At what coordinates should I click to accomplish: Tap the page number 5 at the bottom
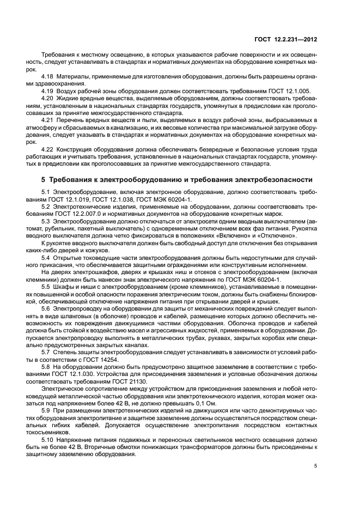(316, 466)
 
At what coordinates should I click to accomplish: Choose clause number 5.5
(46, 286)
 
